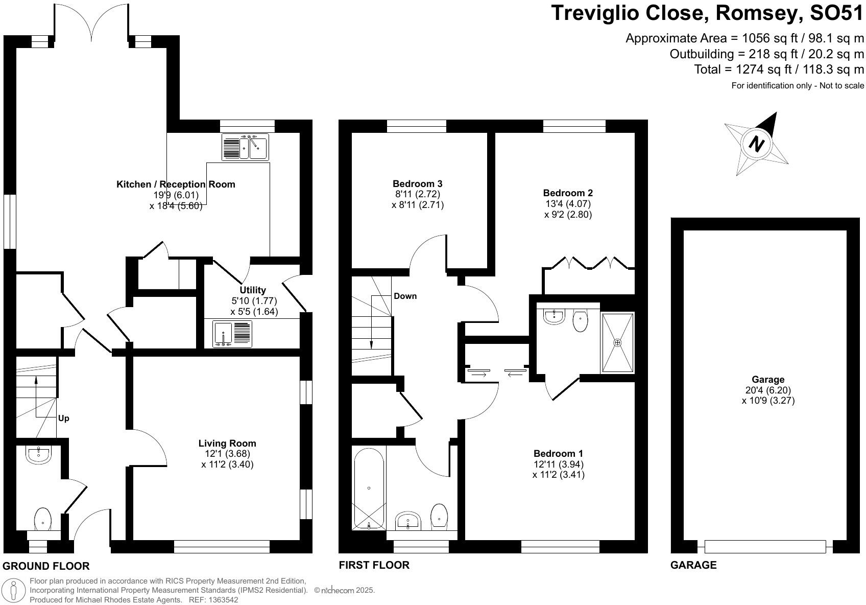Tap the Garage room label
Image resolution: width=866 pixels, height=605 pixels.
pyautogui.click(x=767, y=379)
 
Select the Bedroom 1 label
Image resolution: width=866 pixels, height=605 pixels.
pyautogui.click(x=558, y=453)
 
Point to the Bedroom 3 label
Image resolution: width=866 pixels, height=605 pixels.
pyautogui.click(x=417, y=184)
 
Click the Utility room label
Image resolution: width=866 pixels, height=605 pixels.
pyautogui.click(x=253, y=290)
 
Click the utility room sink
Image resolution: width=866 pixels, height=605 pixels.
pyautogui.click(x=232, y=334)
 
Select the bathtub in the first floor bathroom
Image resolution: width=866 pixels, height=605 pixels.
pyautogui.click(x=369, y=488)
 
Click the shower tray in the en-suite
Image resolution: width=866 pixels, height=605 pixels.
pyautogui.click(x=618, y=342)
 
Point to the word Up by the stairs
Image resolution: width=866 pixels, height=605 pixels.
pyautogui.click(x=63, y=418)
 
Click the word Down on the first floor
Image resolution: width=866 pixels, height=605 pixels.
pyautogui.click(x=405, y=296)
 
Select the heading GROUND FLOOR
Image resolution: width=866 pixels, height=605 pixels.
pyautogui.click(x=46, y=566)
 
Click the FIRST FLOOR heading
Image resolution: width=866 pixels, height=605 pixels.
pyautogui.click(x=374, y=565)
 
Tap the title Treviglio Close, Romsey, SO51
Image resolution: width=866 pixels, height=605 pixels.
pyautogui.click(x=708, y=13)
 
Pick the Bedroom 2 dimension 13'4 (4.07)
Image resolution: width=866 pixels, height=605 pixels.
pyautogui.click(x=568, y=203)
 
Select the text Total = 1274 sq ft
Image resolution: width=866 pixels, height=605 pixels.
pyautogui.click(x=739, y=69)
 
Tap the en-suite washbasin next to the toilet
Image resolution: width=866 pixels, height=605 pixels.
pyautogui.click(x=554, y=316)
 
